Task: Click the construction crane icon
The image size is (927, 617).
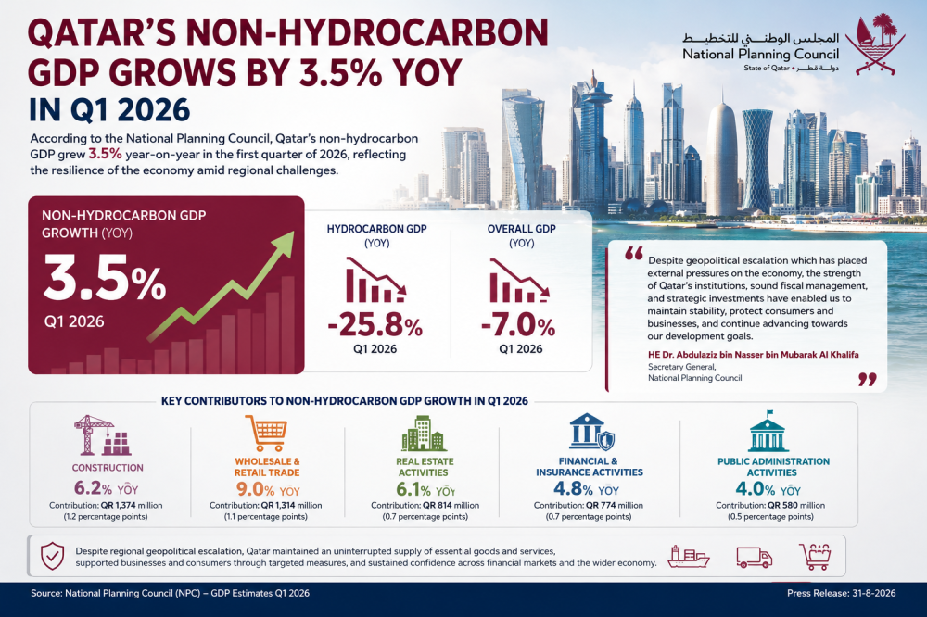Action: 103,435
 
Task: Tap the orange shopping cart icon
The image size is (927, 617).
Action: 266,434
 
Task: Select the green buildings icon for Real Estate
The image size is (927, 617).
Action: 424,434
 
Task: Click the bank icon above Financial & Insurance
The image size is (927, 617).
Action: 591,432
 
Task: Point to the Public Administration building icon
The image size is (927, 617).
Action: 768,432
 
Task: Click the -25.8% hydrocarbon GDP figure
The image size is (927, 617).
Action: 375,326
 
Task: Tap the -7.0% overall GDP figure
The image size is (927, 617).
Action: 518,326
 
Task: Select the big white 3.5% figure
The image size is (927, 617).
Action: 105,278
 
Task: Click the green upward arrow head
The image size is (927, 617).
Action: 283,244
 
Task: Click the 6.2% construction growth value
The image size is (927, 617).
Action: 93,489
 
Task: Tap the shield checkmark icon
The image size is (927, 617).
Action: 52,556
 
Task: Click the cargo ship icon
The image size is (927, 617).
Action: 688,557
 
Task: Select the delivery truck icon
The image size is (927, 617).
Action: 754,558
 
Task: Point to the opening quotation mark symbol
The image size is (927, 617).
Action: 634,254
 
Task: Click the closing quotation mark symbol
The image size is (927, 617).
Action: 868,380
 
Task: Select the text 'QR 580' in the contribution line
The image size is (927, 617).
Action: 782,505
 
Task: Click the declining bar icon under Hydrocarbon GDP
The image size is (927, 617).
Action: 375,280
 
